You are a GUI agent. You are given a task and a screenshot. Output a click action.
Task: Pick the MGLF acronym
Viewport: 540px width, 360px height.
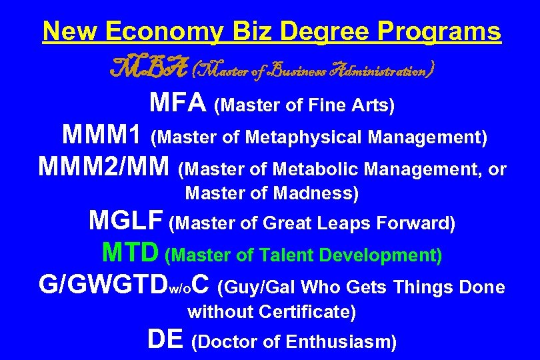click(x=127, y=221)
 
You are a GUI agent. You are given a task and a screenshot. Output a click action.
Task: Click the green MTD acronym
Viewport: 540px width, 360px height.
click(x=131, y=253)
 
